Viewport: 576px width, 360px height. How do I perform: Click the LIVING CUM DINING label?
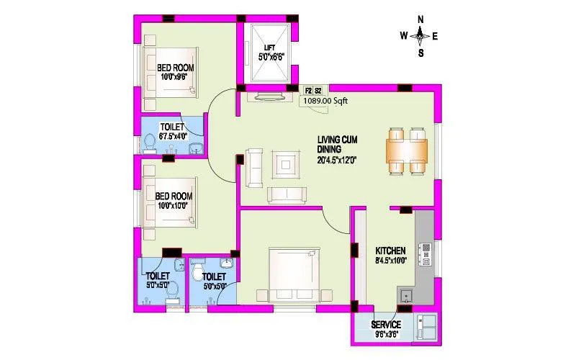tap(338, 144)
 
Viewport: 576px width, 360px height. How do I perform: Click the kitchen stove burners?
tap(426, 253)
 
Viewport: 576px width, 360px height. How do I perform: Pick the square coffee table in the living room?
tap(286, 165)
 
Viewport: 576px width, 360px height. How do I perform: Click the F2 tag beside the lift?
tap(308, 91)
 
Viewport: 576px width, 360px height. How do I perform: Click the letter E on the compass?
tap(435, 35)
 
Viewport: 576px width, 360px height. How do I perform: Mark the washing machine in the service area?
tap(427, 328)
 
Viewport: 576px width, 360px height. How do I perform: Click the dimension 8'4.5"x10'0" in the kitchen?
tap(391, 261)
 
